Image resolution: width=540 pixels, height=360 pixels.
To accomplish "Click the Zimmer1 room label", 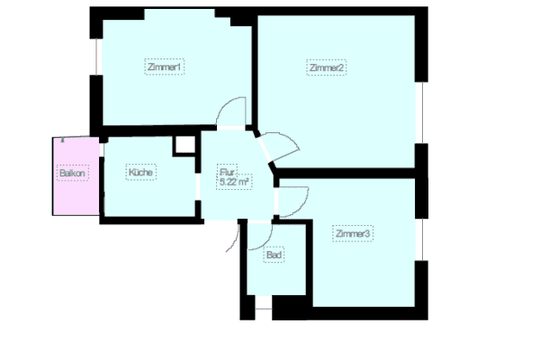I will pyautogui.click(x=165, y=67).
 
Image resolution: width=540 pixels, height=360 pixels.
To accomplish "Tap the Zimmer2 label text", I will pyautogui.click(x=327, y=68).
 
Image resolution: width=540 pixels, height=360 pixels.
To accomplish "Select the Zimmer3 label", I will pyautogui.click(x=353, y=235).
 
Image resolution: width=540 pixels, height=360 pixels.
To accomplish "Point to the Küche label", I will pyautogui.click(x=139, y=173).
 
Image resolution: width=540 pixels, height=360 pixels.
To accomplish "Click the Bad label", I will pyautogui.click(x=274, y=256).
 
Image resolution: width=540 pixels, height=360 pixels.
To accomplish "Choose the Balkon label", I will pyautogui.click(x=72, y=174).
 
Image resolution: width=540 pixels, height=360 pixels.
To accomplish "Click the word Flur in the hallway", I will pyautogui.click(x=227, y=171).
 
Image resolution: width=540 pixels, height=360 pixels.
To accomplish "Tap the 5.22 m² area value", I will pyautogui.click(x=233, y=182).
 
